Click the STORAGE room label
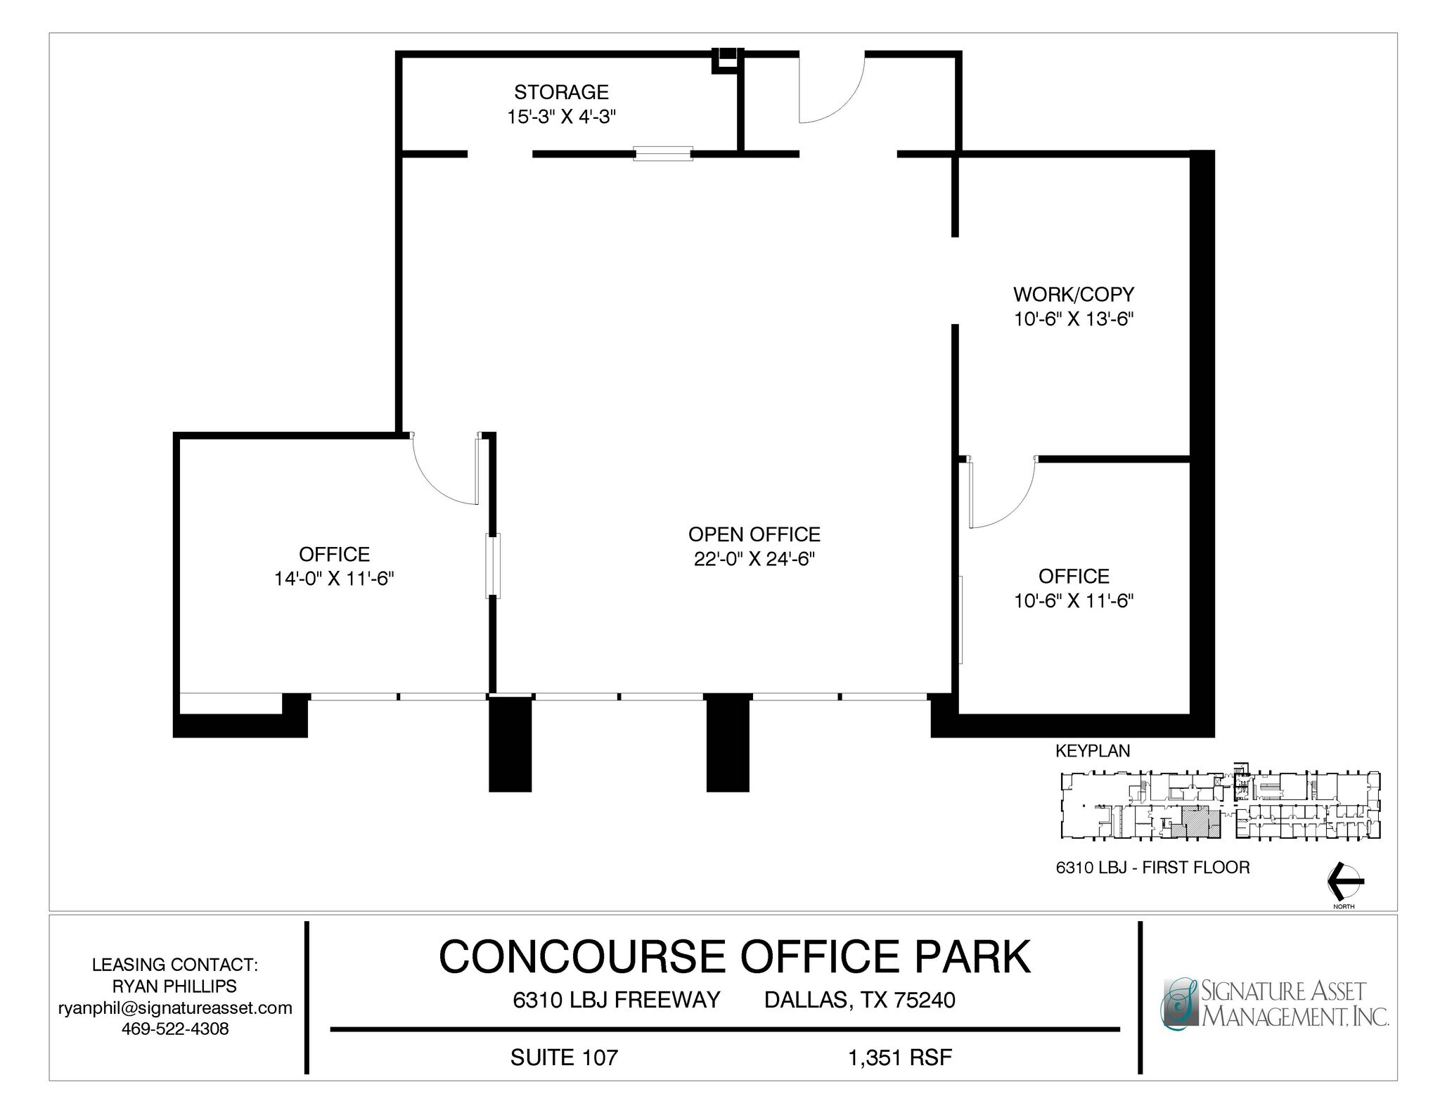coord(561,92)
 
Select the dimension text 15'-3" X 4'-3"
coord(561,117)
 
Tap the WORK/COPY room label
coord(1074,294)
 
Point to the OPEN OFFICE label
coord(754,534)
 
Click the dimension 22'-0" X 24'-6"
coord(754,559)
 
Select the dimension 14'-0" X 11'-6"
coord(334,579)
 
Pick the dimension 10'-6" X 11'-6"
coord(1074,600)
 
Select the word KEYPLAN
coord(1093,751)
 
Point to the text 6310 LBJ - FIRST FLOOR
coord(1152,868)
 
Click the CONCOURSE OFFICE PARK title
coord(734,956)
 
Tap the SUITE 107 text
coord(564,1057)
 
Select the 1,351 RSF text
coord(900,1057)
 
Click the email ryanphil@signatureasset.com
coord(175,1008)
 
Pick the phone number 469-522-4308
coord(175,1029)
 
